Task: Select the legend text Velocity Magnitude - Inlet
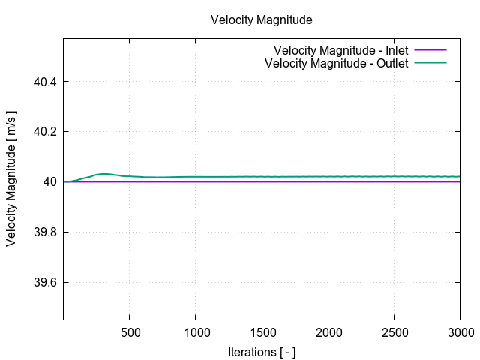(340, 50)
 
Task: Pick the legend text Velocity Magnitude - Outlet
(337, 63)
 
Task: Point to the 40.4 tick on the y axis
(46, 81)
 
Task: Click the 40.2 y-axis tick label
(46, 131)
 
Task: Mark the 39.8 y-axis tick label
(46, 232)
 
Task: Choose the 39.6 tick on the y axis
(46, 283)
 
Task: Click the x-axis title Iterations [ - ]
(261, 351)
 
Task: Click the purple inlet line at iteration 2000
(328, 181)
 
